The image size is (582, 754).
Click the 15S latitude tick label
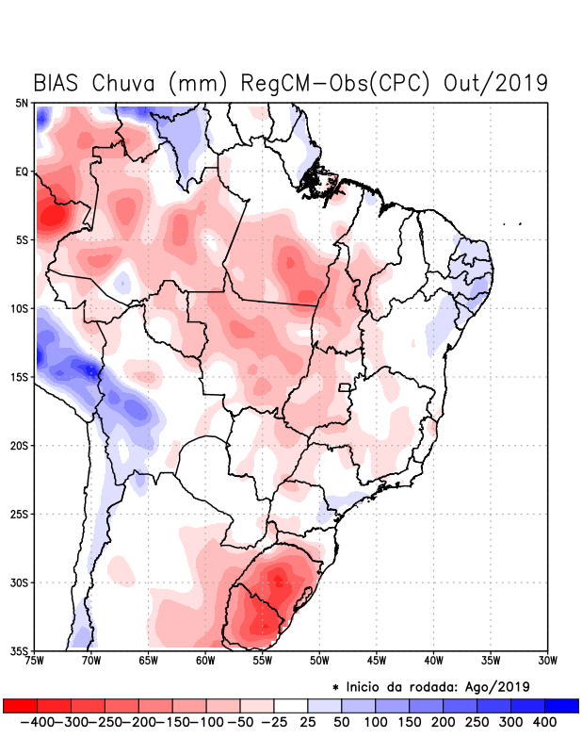pos(20,377)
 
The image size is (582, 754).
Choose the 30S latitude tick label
pos(20,582)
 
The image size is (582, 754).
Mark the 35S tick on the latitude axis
pos(20,650)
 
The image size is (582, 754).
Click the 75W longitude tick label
pos(36,660)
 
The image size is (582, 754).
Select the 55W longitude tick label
pos(263,660)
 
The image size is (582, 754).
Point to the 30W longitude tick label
pos(547,660)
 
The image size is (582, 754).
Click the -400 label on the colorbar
pos(38,722)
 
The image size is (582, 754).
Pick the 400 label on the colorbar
pos(543,722)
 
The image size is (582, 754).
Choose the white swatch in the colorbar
pos(291,705)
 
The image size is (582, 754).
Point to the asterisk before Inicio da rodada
pos(336,687)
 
